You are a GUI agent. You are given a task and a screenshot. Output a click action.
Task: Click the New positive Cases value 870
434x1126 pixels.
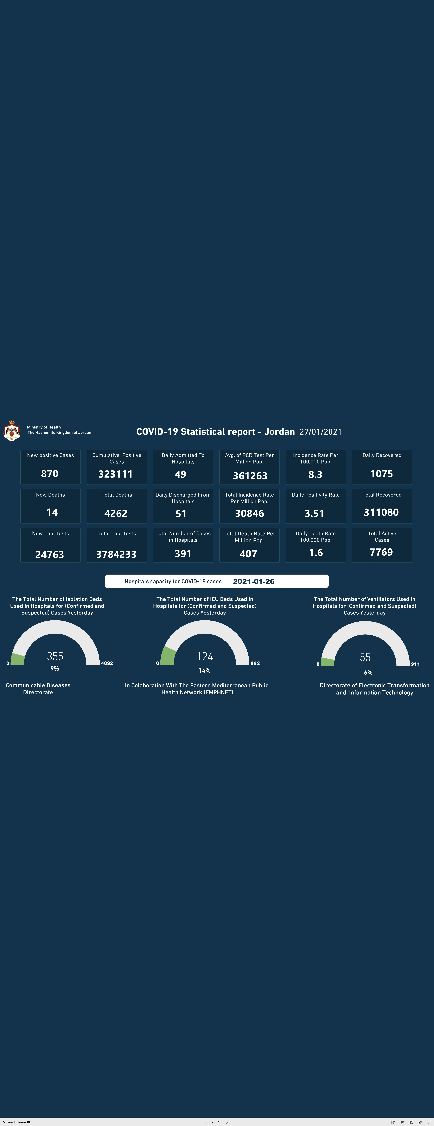click(50, 474)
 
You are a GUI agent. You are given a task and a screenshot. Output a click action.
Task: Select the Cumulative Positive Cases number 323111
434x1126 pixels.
click(115, 474)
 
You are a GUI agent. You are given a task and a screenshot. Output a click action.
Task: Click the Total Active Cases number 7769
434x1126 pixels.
click(381, 552)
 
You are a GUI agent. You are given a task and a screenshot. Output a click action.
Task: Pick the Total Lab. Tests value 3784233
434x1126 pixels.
click(116, 554)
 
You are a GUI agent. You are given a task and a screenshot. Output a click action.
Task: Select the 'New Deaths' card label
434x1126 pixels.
click(50, 495)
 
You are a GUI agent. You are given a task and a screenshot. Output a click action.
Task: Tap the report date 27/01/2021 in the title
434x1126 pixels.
click(320, 432)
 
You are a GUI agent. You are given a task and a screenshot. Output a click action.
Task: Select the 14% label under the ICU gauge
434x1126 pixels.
click(205, 670)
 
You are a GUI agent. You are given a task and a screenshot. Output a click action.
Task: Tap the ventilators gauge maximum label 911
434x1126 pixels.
click(415, 664)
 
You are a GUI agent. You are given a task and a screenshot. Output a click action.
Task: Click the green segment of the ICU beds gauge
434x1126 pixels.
click(167, 656)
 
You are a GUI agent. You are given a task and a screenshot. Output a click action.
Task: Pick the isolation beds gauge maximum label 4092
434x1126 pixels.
click(107, 663)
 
